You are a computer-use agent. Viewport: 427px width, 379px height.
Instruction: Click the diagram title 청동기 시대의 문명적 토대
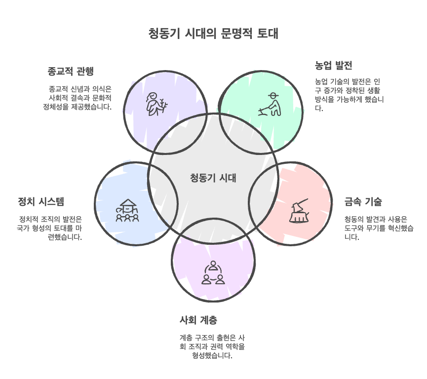tap(213, 34)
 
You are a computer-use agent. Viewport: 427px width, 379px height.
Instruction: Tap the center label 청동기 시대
tap(213, 178)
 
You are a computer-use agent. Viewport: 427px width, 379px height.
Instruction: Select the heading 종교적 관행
tap(70, 71)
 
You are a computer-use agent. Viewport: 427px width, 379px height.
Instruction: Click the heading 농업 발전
tap(333, 66)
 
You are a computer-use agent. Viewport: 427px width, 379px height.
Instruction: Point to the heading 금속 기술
tap(363, 202)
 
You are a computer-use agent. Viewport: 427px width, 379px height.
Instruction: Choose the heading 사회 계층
tap(198, 320)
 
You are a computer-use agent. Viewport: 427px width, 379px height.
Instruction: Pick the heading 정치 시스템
tap(41, 202)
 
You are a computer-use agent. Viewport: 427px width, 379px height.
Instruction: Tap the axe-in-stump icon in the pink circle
tap(299, 212)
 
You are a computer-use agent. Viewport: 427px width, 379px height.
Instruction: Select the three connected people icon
tap(213, 273)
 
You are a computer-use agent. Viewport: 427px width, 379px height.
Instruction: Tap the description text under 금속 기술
tap(376, 228)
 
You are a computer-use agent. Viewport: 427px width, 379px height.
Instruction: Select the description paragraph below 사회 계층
tap(212, 346)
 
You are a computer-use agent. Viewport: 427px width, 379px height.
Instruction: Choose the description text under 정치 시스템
tap(49, 228)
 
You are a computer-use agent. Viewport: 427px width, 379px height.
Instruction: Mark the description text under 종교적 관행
tap(78, 98)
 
